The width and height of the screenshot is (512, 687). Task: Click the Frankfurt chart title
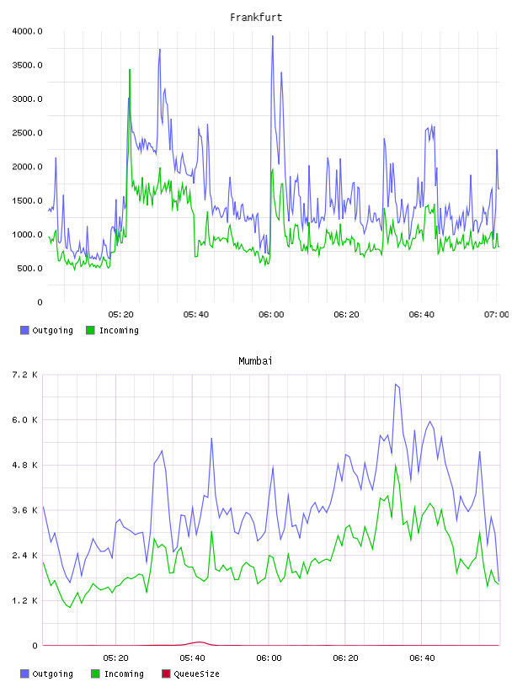256,17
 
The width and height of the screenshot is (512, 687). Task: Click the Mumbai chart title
255,360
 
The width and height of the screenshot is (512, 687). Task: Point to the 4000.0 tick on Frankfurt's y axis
27,31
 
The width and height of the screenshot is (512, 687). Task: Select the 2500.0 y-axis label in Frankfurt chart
27,133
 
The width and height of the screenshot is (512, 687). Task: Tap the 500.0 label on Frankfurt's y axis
29,268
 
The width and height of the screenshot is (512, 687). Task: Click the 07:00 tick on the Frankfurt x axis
497,314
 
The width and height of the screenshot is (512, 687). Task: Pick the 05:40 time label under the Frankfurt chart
196,314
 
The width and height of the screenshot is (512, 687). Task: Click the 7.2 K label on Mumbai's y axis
24,375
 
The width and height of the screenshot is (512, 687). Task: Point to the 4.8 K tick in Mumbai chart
24,465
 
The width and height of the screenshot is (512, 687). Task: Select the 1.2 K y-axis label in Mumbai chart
24,600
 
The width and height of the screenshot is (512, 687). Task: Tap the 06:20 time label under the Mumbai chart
345,658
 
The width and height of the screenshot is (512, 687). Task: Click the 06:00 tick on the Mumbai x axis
269,658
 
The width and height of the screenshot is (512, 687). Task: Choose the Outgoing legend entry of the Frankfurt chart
46,330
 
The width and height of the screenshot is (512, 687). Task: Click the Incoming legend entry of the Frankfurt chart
113,330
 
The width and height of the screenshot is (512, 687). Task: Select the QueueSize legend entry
190,674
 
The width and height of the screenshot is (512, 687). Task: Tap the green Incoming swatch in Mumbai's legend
95,674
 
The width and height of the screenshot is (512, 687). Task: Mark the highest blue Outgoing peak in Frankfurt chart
273,36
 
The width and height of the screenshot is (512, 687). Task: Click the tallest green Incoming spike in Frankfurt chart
130,70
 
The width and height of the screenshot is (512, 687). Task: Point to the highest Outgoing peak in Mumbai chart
396,385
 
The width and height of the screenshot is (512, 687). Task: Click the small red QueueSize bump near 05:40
199,642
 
